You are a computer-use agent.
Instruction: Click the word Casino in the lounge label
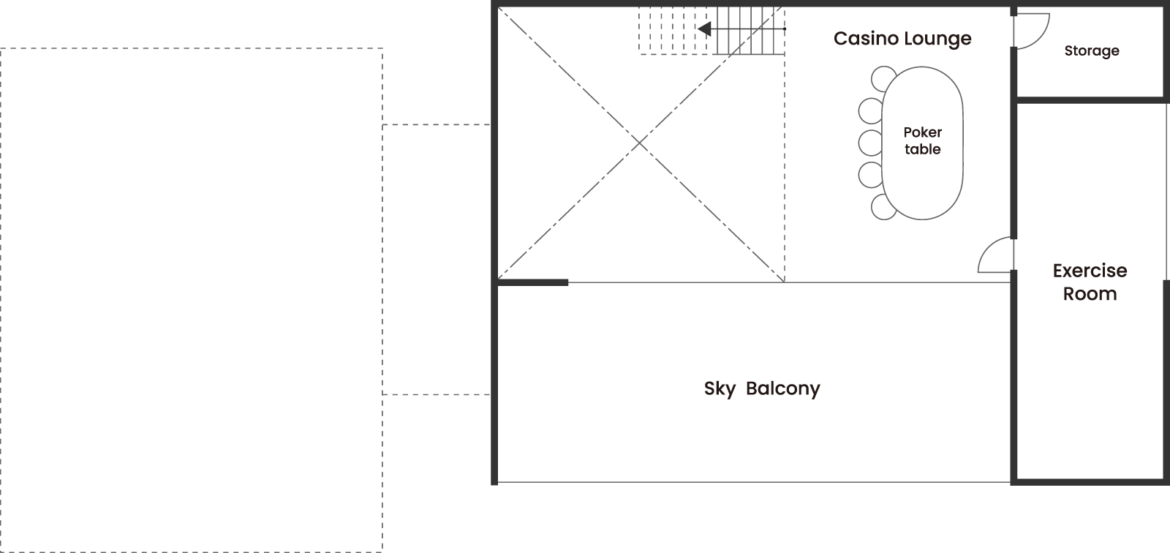click(866, 38)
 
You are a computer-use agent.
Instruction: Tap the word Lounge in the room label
click(937, 39)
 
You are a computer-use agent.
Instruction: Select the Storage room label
click(1092, 51)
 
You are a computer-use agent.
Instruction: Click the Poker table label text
click(922, 140)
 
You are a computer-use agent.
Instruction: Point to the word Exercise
click(1090, 271)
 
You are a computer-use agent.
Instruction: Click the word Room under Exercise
click(1090, 294)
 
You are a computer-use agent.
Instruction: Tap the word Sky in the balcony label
click(720, 389)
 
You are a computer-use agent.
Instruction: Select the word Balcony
click(783, 389)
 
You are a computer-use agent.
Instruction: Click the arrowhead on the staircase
click(704, 29)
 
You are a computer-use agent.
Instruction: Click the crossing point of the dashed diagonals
click(639, 143)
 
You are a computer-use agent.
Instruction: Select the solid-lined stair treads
click(751, 30)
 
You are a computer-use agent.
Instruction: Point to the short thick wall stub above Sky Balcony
click(533, 283)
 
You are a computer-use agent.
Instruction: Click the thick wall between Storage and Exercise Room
click(1090, 99)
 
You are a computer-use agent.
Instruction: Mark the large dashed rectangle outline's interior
click(191, 299)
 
